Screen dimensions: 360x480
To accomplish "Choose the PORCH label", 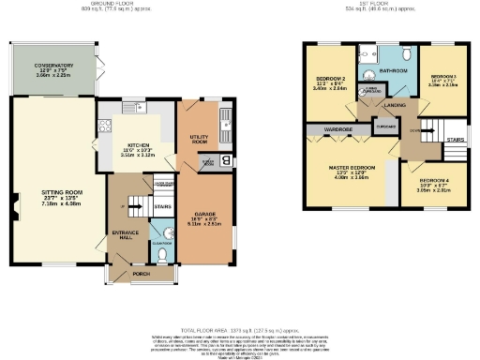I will tap(141, 275).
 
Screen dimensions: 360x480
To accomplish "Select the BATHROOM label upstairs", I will tap(392, 71).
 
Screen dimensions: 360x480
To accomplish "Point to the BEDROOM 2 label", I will tap(332, 82).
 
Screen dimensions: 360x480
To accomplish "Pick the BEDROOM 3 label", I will tap(442, 80).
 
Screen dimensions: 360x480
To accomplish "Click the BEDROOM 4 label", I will tap(434, 185).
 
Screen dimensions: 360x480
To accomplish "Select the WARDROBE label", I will tap(337, 128).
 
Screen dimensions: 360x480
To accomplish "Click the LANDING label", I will tap(395, 105).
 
